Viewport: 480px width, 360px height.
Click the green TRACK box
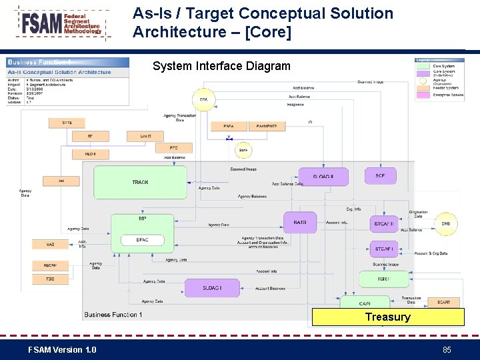140,182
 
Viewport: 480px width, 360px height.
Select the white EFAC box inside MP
142,239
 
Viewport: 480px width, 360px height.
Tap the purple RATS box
300,223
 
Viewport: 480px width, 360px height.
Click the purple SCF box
380,176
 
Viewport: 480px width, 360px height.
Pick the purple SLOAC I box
212,288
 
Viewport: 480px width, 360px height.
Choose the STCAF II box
384,224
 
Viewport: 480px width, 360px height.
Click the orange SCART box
443,303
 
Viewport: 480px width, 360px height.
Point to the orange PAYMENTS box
267,125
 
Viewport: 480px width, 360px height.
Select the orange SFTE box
67,123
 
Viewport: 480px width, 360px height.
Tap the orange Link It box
145,136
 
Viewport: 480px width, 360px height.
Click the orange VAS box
50,245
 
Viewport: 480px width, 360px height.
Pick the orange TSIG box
50,279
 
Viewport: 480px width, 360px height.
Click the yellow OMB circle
446,224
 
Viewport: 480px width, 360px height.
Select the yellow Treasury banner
388,317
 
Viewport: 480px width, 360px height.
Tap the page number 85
446,350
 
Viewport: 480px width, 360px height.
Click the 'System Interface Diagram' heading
221,66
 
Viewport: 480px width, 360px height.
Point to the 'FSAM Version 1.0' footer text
62,350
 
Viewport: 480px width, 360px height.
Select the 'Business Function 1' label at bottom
113,315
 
